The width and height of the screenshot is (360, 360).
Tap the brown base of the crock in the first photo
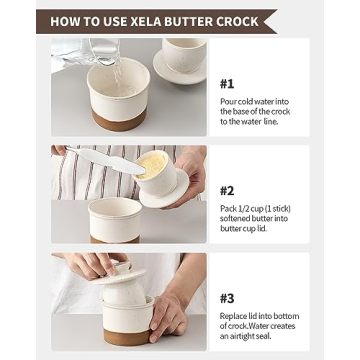[x=114, y=121]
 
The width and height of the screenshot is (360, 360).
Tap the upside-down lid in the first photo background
[x=180, y=60]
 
